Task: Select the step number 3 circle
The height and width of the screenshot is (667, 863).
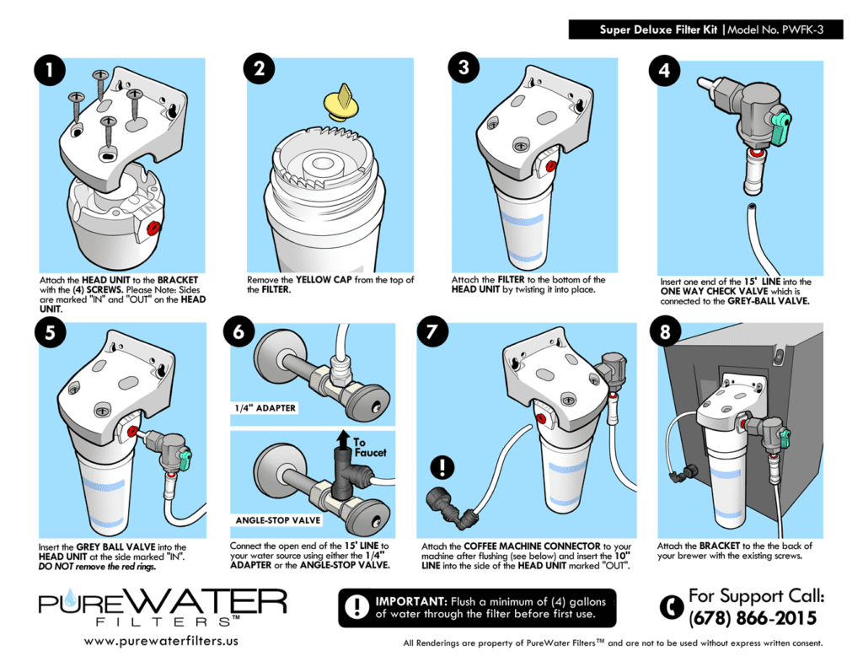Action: pos(462,68)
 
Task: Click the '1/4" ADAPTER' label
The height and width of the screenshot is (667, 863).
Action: pos(265,408)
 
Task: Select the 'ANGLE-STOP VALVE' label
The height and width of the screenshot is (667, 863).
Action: pos(278,520)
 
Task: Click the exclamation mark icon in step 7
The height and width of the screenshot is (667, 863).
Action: pos(442,466)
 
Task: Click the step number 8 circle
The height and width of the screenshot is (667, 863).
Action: pos(666,333)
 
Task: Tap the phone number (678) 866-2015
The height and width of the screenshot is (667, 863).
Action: pos(752,619)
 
